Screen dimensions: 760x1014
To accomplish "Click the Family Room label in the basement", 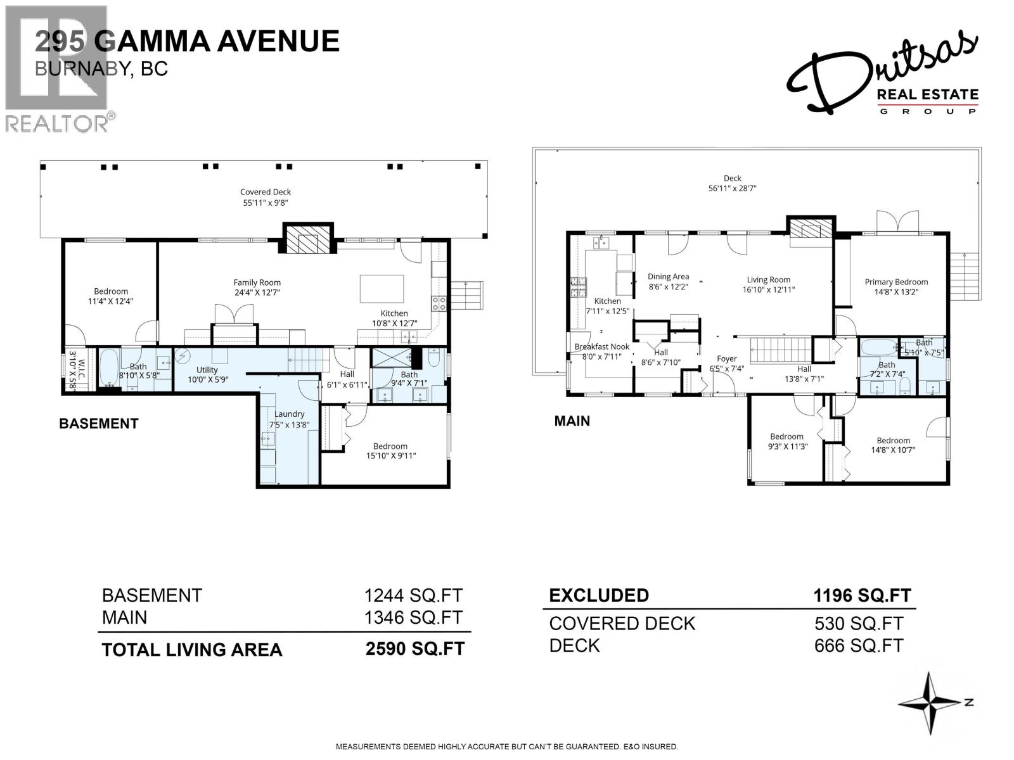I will pyautogui.click(x=257, y=283).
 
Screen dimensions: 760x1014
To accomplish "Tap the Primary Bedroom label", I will pyautogui.click(x=896, y=282).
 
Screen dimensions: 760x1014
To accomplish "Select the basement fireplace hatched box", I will pyautogui.click(x=307, y=239).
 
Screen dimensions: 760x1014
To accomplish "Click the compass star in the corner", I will pyautogui.click(x=930, y=704).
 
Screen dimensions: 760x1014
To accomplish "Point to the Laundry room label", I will pyautogui.click(x=289, y=414).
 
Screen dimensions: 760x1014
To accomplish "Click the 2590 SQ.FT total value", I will pyautogui.click(x=414, y=649).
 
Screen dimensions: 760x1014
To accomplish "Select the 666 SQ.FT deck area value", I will pyautogui.click(x=858, y=645).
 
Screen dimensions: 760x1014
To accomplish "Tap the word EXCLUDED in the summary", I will pyautogui.click(x=598, y=595).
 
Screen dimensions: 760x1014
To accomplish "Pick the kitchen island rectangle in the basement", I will pyautogui.click(x=382, y=289).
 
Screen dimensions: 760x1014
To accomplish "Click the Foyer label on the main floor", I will pyautogui.click(x=726, y=359).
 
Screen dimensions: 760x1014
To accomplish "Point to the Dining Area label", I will pyautogui.click(x=668, y=277).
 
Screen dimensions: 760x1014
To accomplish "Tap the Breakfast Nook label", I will pyautogui.click(x=602, y=347).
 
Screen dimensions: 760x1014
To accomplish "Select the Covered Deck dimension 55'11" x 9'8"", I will pyautogui.click(x=265, y=203).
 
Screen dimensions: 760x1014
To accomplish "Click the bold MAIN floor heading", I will pyautogui.click(x=572, y=421).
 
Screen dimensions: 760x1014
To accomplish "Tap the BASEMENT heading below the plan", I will pyautogui.click(x=98, y=424).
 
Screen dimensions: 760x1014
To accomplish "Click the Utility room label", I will pyautogui.click(x=207, y=370).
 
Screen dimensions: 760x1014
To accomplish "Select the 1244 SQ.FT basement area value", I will pyautogui.click(x=413, y=595).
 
